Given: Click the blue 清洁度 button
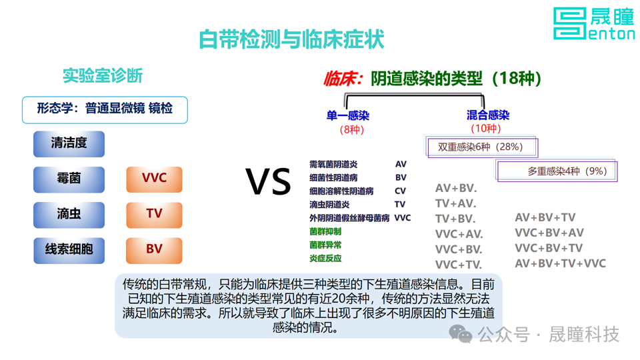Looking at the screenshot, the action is pyautogui.click(x=69, y=144).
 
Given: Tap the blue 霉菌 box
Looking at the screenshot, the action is pyautogui.click(x=69, y=179).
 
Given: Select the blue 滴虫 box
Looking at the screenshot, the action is pyautogui.click(x=69, y=215).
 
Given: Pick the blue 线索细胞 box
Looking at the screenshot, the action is pyautogui.click(x=69, y=250).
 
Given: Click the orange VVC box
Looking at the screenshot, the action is pyautogui.click(x=154, y=179).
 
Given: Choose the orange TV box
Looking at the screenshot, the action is pyautogui.click(x=154, y=215).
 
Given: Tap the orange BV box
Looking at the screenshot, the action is pyautogui.click(x=154, y=250).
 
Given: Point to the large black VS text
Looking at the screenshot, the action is pyautogui.click(x=268, y=181).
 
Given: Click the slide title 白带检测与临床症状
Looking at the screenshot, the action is pyautogui.click(x=291, y=39).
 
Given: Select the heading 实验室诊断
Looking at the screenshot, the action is pyautogui.click(x=103, y=76).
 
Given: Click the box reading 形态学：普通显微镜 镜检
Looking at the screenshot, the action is pyautogui.click(x=105, y=110).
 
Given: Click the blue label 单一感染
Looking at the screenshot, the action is pyautogui.click(x=348, y=115).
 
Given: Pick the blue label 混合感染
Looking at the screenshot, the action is pyautogui.click(x=488, y=115).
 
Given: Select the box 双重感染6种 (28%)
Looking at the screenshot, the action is pyautogui.click(x=481, y=147).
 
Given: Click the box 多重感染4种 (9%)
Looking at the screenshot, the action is pyautogui.click(x=557, y=171).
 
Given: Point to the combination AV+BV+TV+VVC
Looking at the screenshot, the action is pyautogui.click(x=561, y=264).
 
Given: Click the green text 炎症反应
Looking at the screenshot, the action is pyautogui.click(x=325, y=259).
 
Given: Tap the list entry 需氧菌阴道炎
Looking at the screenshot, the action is pyautogui.click(x=333, y=164).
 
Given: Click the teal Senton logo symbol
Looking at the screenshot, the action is pyautogui.click(x=570, y=24).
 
